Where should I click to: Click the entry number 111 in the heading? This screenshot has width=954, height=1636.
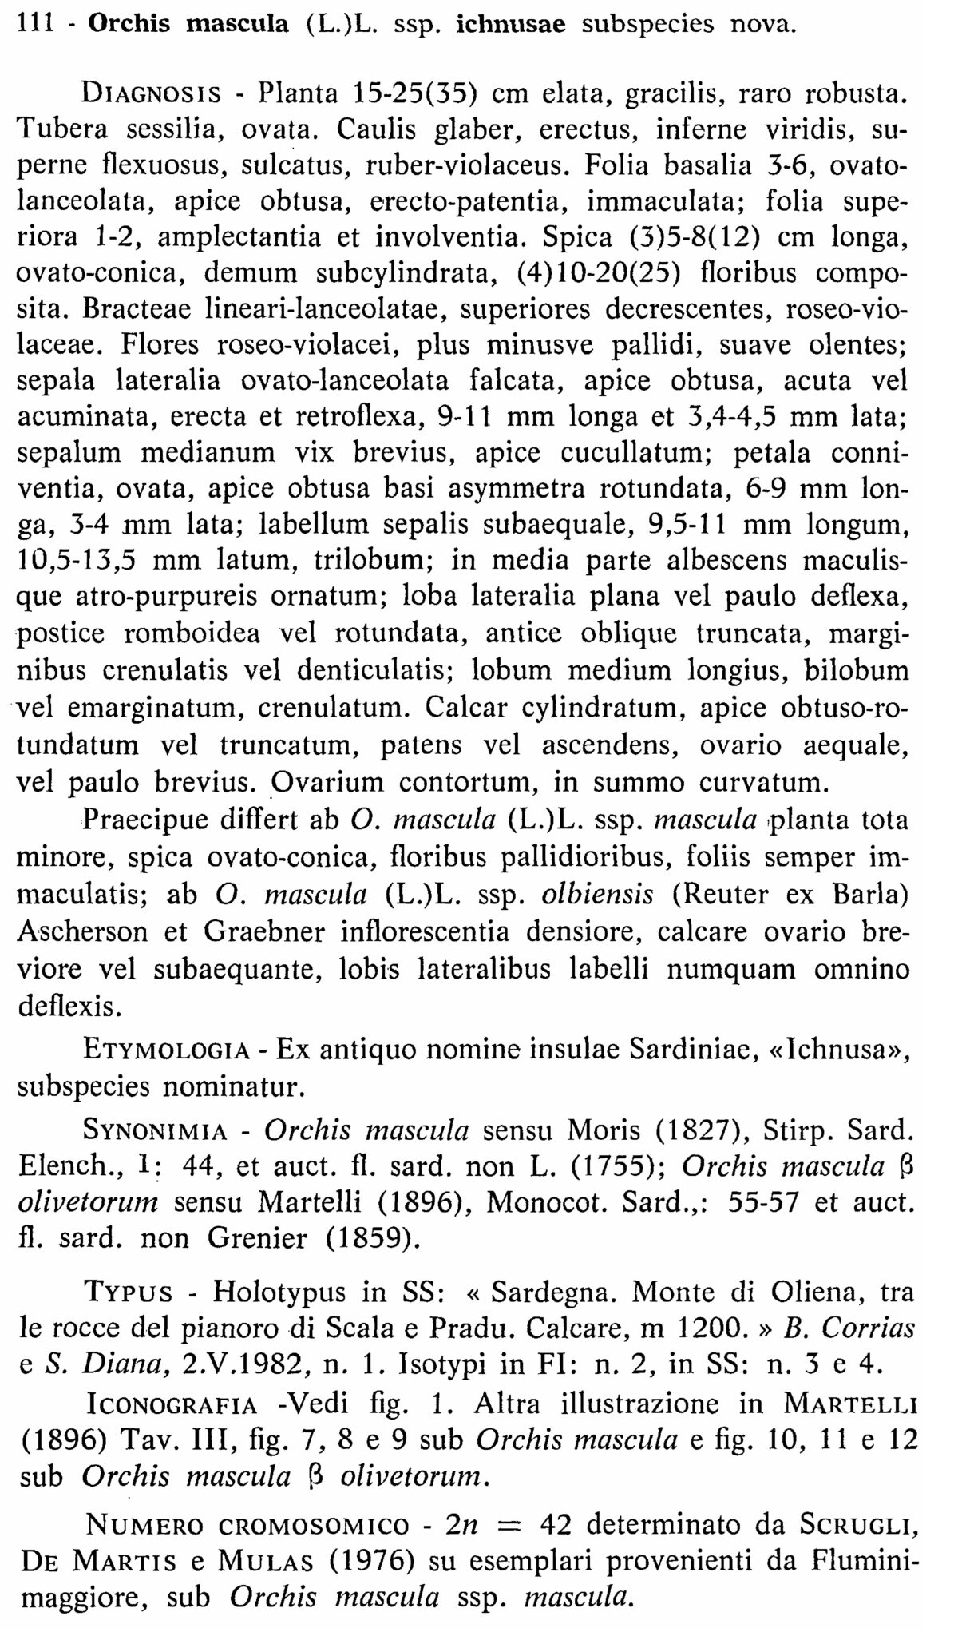[x=35, y=24]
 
